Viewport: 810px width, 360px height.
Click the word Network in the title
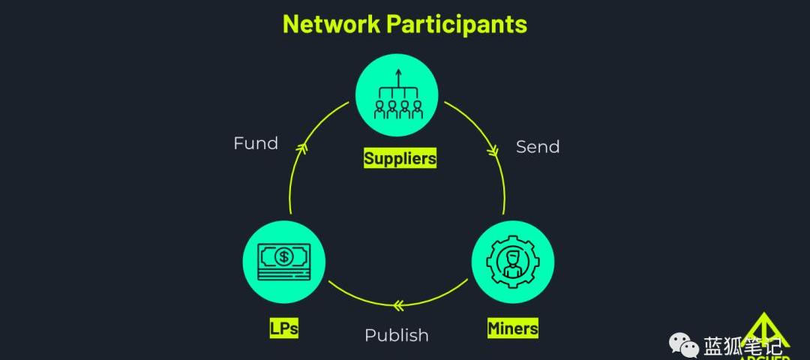pyautogui.click(x=331, y=24)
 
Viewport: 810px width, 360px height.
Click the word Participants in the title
pyautogui.click(x=457, y=24)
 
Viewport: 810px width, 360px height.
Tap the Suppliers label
pyautogui.click(x=400, y=158)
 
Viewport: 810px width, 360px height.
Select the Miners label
pyautogui.click(x=513, y=328)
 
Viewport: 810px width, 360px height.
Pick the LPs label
pyautogui.click(x=284, y=328)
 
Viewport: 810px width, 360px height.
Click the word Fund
pyautogui.click(x=256, y=143)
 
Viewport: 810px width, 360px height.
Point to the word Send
pyautogui.click(x=538, y=147)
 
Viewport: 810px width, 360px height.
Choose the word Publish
pyautogui.click(x=397, y=335)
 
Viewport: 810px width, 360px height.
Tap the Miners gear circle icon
pyautogui.click(x=513, y=261)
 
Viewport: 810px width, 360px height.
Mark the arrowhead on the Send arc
pyautogui.click(x=493, y=151)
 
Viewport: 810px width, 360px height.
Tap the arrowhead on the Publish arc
pyautogui.click(x=398, y=304)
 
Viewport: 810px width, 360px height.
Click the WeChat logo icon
pyautogui.click(x=683, y=346)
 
